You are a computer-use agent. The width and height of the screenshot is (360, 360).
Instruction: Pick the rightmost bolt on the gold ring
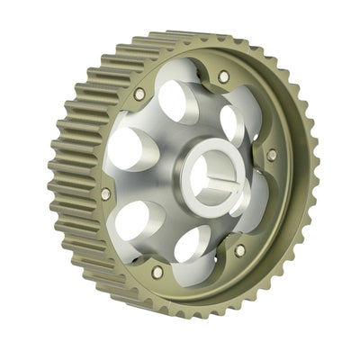coord(272,154)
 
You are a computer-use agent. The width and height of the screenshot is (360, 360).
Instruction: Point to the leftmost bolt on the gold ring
coord(106,193)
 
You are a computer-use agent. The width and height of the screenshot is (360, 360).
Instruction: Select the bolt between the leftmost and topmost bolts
coord(139,93)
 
